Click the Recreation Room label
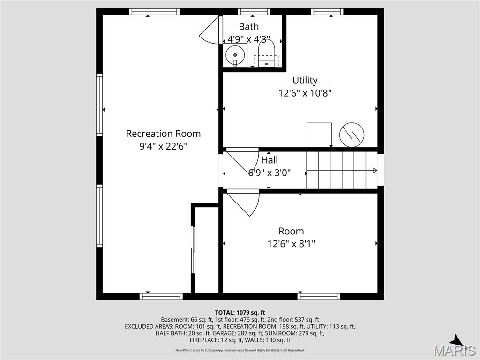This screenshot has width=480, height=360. [163, 134]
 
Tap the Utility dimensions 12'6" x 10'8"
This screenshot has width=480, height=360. [305, 93]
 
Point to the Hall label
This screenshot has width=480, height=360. [270, 160]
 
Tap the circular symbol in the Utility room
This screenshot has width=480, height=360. [351, 135]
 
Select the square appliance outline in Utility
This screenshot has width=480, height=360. [319, 135]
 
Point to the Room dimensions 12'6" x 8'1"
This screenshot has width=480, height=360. [292, 244]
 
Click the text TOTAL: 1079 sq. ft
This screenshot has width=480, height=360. [240, 312]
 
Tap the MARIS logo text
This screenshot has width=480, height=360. [454, 350]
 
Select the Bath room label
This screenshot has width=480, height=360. [248, 26]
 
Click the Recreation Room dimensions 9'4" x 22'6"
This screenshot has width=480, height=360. [163, 146]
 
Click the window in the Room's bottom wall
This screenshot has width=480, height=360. [319, 296]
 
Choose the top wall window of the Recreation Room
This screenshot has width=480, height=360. [154, 12]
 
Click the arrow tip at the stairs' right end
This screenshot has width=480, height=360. [375, 170]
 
